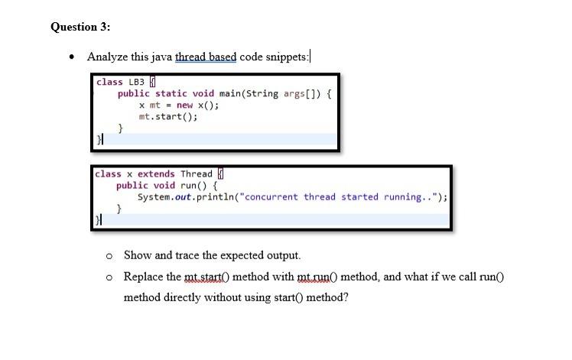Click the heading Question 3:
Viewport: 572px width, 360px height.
80,27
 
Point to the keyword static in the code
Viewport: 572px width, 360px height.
171,94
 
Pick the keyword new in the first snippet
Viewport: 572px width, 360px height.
184,105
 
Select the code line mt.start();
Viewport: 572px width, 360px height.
167,117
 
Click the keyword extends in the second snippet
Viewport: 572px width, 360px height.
156,174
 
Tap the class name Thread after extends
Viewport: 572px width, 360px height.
197,174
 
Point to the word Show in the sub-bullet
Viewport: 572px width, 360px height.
137,255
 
